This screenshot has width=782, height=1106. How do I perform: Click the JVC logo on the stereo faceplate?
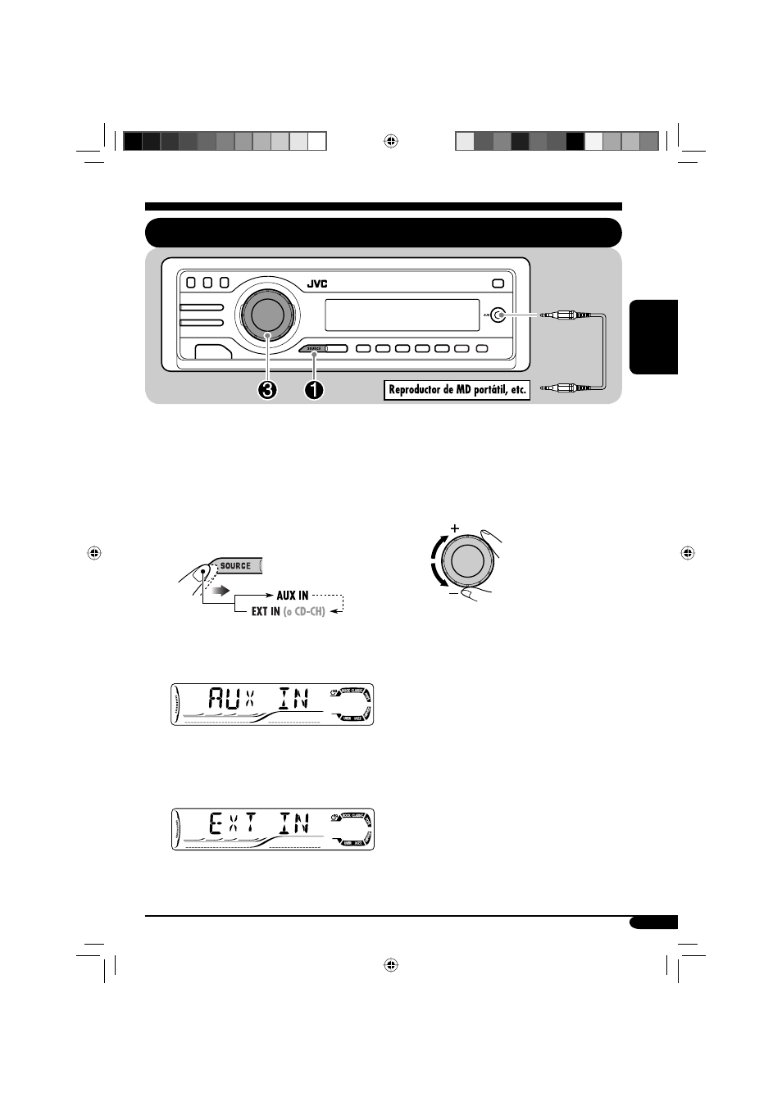tap(317, 284)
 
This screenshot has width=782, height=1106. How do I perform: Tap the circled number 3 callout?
tap(267, 390)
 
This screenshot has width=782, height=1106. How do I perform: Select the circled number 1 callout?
tap(313, 390)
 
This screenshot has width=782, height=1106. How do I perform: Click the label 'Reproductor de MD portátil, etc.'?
tap(457, 390)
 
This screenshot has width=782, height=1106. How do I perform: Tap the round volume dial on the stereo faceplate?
tap(267, 314)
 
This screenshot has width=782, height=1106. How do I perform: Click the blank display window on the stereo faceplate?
tap(402, 315)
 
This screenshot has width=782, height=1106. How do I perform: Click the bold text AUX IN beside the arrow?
tap(293, 596)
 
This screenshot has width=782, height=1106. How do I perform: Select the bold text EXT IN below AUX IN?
tap(266, 611)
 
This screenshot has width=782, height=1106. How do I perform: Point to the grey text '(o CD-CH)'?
tap(304, 611)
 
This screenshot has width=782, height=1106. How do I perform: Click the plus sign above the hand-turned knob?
tap(454, 528)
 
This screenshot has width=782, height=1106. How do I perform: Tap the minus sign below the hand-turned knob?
tap(453, 594)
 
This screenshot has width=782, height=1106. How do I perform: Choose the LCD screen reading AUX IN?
tap(272, 704)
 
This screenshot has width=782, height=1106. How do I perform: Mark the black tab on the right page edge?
tap(653, 337)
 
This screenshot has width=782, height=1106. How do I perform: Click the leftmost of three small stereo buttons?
tap(191, 283)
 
